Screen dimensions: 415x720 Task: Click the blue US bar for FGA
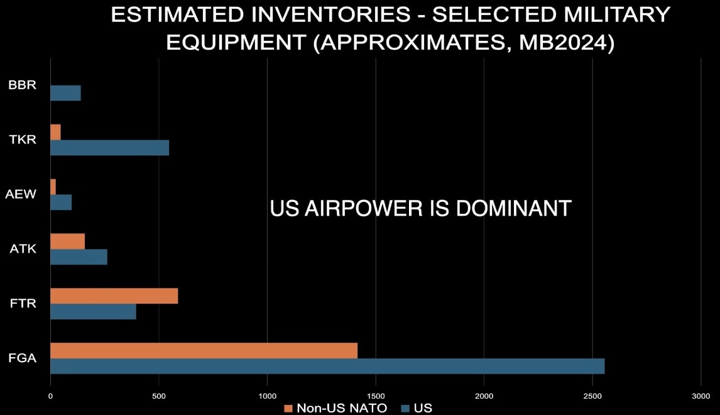point(327,366)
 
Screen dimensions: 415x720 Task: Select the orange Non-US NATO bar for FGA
point(204,350)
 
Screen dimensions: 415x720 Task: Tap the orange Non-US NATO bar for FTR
point(114,296)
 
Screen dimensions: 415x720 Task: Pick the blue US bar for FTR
point(93,311)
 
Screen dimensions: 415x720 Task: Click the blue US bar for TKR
point(109,147)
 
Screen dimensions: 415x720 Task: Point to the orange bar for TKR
point(55,132)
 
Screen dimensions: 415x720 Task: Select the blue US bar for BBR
point(65,93)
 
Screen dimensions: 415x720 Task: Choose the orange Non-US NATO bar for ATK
point(67,241)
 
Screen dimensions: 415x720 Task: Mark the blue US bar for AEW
point(61,202)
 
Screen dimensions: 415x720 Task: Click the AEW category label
point(21,194)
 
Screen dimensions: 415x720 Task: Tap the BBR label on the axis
point(22,85)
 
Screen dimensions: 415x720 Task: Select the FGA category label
point(22,358)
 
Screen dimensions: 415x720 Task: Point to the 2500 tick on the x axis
point(592,396)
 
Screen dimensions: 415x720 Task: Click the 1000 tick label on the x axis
point(267,396)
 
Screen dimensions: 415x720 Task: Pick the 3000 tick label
point(701,396)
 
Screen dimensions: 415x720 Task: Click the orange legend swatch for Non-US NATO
point(288,408)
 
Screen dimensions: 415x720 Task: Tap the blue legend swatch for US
point(406,408)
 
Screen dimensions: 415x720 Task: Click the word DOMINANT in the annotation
point(513,209)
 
